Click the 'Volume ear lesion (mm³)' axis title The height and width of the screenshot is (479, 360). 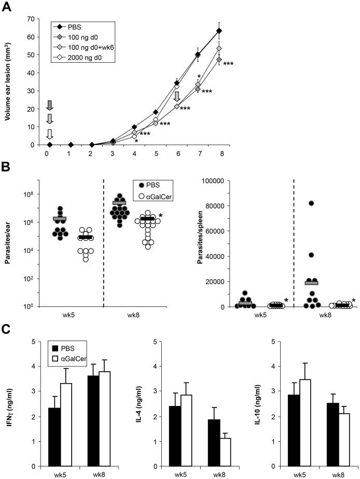point(9,81)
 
